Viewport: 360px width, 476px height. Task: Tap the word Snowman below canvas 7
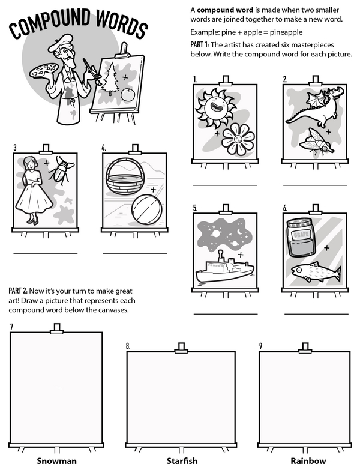click(x=56, y=461)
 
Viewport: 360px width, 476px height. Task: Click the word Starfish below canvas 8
click(x=182, y=461)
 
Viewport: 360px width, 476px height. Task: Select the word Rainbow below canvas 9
click(x=308, y=461)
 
